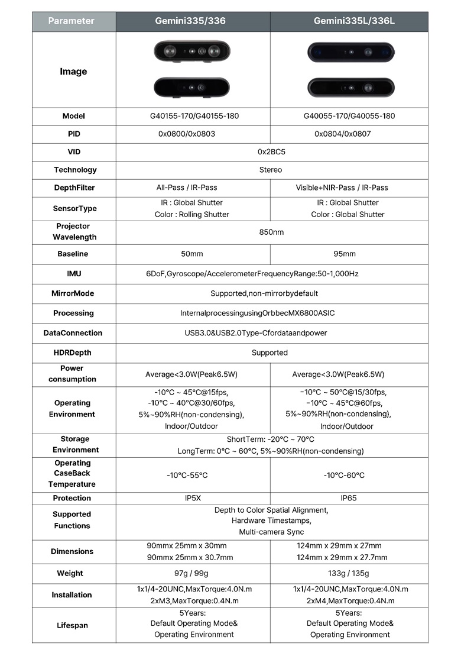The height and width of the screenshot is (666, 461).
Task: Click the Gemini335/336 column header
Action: click(x=190, y=21)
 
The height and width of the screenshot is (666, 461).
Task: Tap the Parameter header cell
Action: click(x=71, y=21)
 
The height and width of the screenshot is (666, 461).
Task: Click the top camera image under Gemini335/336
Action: click(x=191, y=51)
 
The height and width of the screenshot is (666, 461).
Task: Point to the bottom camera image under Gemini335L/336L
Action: click(x=350, y=88)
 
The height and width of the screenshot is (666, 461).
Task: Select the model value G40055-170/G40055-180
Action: click(x=346, y=116)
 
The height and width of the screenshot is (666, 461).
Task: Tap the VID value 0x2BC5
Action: click(x=271, y=152)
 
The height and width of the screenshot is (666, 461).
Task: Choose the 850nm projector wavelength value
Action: click(x=271, y=232)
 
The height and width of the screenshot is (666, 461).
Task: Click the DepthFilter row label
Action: click(x=74, y=187)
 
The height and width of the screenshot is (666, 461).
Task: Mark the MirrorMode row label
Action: click(x=73, y=293)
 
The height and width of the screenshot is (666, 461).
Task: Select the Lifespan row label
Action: click(x=72, y=623)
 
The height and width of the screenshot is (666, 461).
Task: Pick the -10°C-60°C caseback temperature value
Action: click(x=344, y=475)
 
